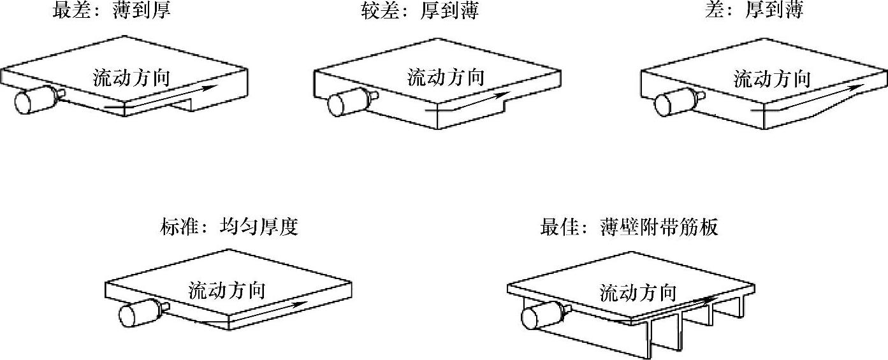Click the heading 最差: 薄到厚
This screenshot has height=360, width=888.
click(x=112, y=11)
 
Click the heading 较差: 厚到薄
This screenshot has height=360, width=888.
click(x=420, y=11)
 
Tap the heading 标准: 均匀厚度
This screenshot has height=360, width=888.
click(x=229, y=227)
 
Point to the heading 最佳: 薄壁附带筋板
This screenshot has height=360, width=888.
click(x=629, y=227)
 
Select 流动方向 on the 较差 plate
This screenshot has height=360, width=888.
click(x=446, y=78)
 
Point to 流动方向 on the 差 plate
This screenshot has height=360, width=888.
click(x=772, y=80)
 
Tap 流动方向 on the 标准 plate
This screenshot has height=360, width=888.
click(x=226, y=291)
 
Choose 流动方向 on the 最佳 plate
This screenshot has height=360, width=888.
click(x=637, y=292)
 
